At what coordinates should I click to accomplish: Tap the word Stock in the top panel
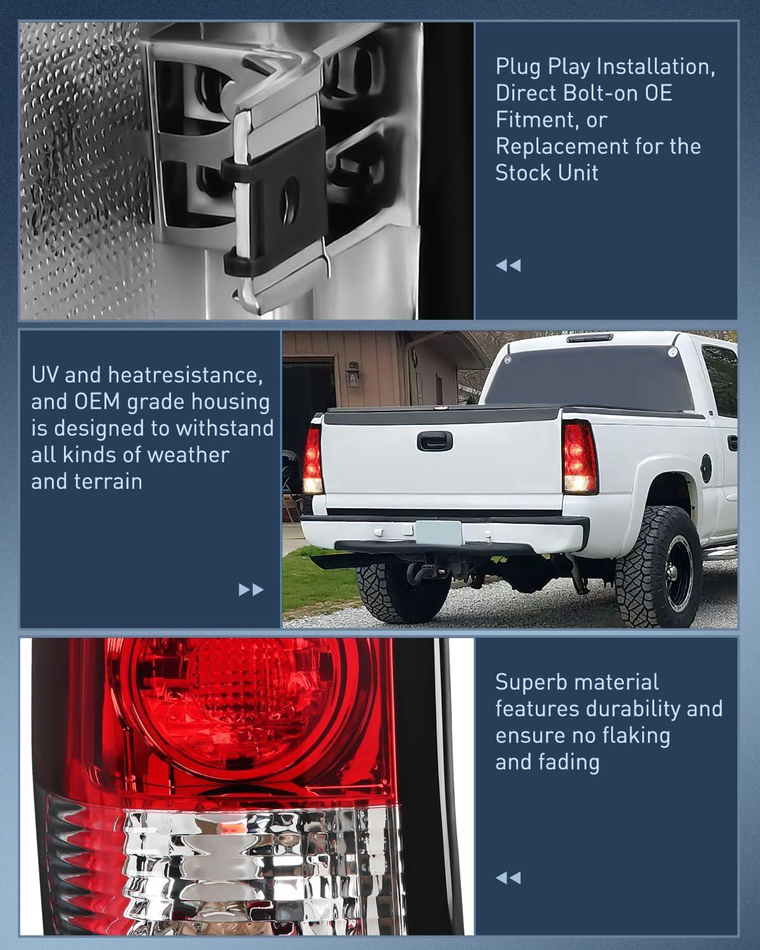click(x=524, y=173)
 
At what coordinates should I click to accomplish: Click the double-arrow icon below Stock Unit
click(x=508, y=265)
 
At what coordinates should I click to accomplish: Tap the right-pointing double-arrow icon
click(x=251, y=590)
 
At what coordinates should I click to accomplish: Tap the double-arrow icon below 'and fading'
click(x=508, y=878)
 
